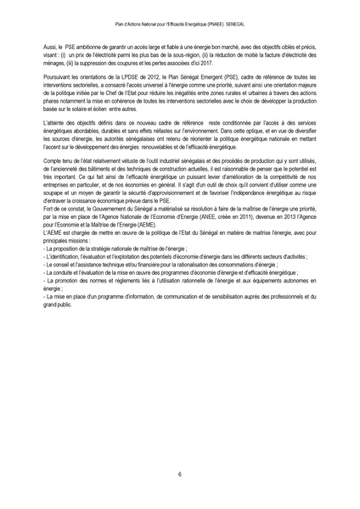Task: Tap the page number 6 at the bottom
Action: pyautogui.click(x=180, y=474)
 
